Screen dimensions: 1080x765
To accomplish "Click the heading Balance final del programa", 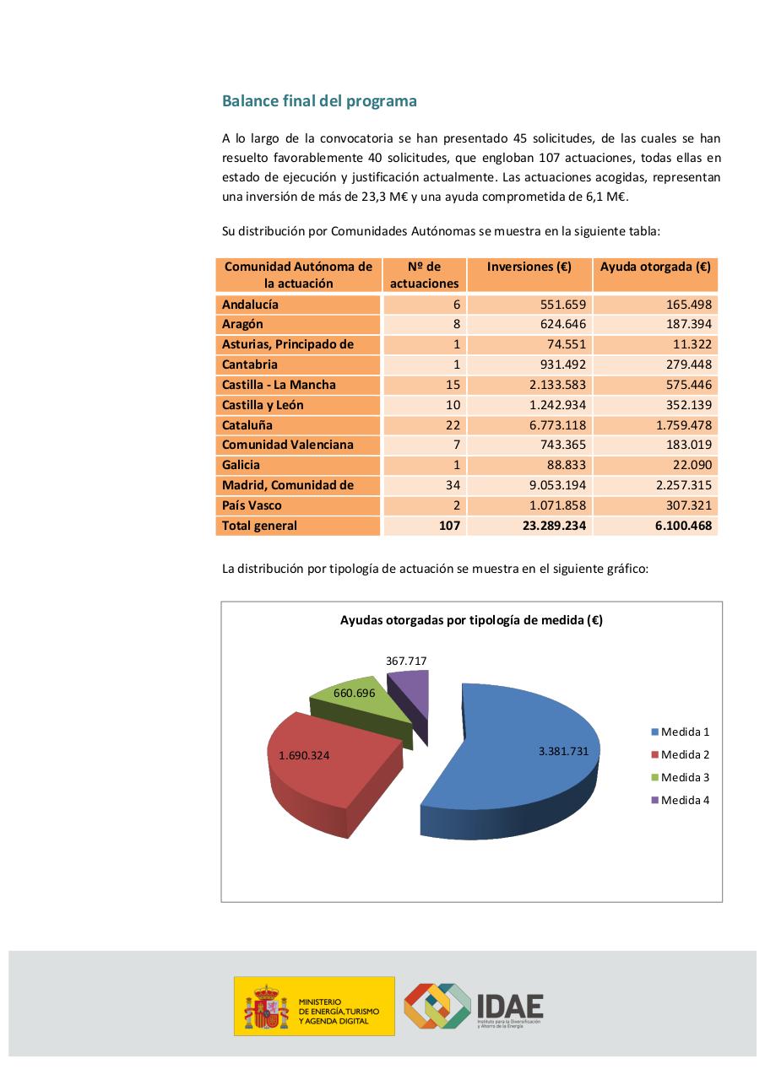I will point(319,101).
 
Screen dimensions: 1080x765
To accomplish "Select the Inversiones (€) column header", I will point(529,267).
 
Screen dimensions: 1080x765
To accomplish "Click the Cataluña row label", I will point(247,425).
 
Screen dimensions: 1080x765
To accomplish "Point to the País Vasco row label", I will point(252,505).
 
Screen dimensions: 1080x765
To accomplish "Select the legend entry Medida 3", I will point(684,777).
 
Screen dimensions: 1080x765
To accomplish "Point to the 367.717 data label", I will point(406,661).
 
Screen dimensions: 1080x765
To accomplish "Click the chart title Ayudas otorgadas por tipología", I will point(471,620).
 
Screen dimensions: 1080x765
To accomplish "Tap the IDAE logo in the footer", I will point(473,1006).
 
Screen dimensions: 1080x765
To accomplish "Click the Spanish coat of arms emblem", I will point(266,1007).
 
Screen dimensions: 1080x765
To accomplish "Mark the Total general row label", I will point(259,526).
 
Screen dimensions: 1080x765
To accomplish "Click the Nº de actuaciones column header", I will point(424,275).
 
